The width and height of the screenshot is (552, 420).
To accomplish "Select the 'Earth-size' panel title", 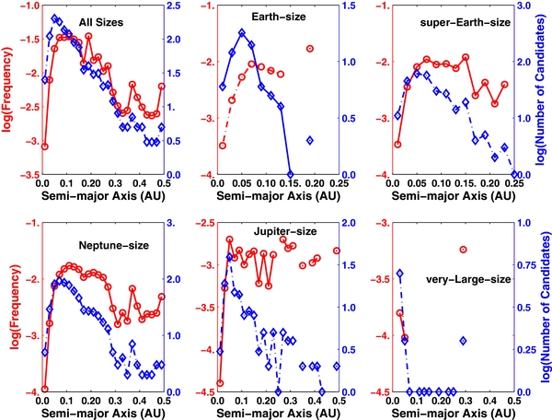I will click(247, 17).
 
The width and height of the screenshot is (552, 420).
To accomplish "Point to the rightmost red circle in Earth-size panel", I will click(311, 49).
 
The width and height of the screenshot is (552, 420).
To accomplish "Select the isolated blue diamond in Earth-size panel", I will click(311, 140).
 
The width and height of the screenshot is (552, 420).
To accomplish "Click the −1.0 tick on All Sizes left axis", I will click(28, 6).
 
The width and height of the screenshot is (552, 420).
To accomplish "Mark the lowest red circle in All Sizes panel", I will click(44, 146).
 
